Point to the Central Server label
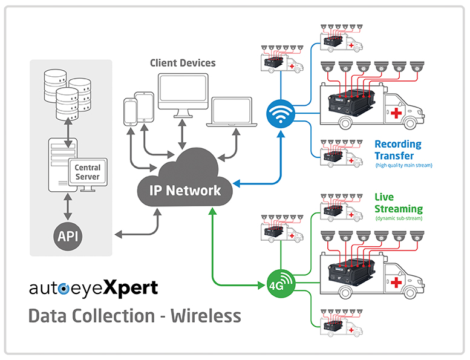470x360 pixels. pos(88,172)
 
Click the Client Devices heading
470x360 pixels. pos(182,62)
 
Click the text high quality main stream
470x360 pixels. pos(403,165)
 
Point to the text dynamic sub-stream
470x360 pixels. pos(399,218)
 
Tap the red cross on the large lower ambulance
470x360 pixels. pos(396,283)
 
